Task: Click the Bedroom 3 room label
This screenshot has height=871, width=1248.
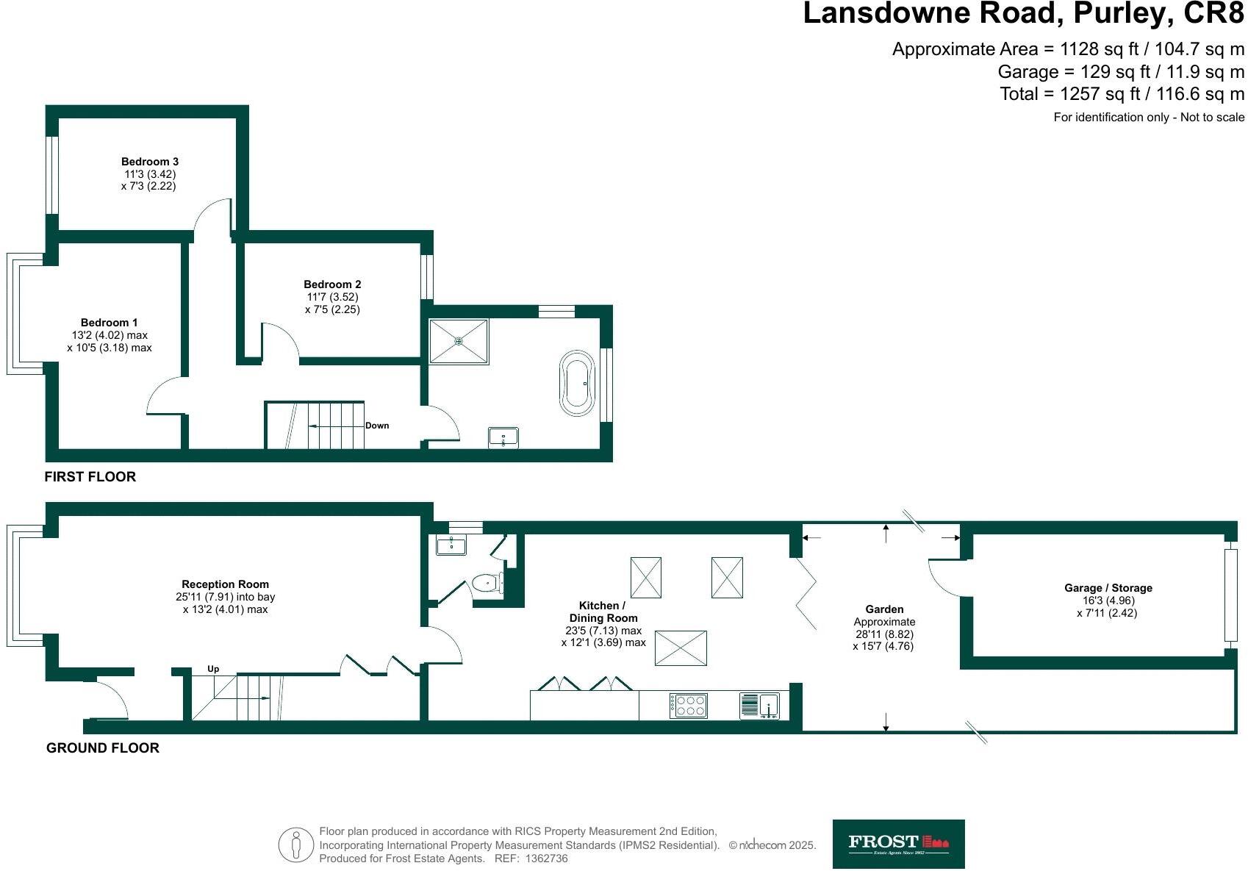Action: click(150, 162)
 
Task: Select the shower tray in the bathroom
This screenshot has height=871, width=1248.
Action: click(459, 341)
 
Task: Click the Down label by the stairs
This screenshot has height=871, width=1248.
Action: click(377, 426)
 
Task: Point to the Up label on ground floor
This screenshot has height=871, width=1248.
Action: click(213, 669)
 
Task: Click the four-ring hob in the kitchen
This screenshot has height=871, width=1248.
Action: click(689, 706)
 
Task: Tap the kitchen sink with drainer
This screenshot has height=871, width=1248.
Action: click(760, 706)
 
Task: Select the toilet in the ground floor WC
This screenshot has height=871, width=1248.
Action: click(487, 584)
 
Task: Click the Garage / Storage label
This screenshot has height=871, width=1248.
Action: click(1108, 588)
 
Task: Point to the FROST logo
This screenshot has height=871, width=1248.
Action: click(898, 844)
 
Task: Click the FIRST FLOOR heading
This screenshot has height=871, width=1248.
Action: click(90, 476)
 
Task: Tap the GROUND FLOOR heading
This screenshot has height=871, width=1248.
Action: click(103, 748)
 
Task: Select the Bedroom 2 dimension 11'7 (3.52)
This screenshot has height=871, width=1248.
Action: click(332, 297)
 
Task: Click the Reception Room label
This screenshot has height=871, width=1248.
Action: click(225, 584)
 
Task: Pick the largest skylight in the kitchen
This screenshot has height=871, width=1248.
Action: click(681, 648)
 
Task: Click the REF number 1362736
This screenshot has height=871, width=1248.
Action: click(547, 859)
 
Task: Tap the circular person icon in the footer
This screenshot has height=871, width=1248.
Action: click(296, 845)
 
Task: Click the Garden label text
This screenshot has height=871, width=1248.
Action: click(884, 609)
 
